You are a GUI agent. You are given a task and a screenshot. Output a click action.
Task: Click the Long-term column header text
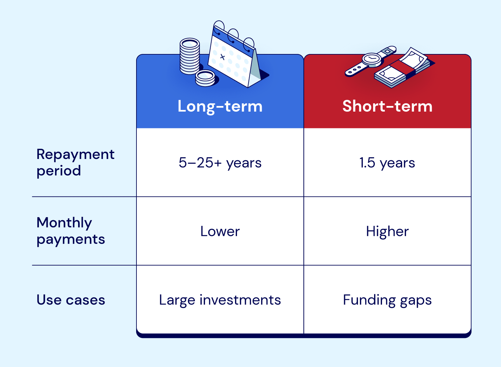220,106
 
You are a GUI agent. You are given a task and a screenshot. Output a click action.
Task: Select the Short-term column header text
387,106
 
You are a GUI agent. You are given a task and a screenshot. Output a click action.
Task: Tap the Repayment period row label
75,162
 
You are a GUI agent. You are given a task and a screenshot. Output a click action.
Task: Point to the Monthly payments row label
71,231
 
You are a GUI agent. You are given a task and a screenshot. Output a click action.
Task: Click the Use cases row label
71,300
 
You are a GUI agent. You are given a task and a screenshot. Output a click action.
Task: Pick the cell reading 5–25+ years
220,163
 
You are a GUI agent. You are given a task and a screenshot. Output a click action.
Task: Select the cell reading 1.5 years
387,163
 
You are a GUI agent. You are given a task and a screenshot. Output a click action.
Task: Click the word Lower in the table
220,231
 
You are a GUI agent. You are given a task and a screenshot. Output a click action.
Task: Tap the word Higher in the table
387,231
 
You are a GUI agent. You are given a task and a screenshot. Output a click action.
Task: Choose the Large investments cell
220,300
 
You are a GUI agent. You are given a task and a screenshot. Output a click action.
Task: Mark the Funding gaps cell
387,300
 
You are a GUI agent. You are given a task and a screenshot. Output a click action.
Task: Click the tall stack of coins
190,56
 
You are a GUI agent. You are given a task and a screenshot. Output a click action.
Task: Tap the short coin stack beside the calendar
205,78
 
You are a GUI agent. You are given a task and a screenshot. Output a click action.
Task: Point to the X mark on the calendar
222,57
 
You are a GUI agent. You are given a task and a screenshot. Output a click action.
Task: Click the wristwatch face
371,59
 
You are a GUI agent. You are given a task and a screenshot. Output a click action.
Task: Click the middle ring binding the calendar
233,36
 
